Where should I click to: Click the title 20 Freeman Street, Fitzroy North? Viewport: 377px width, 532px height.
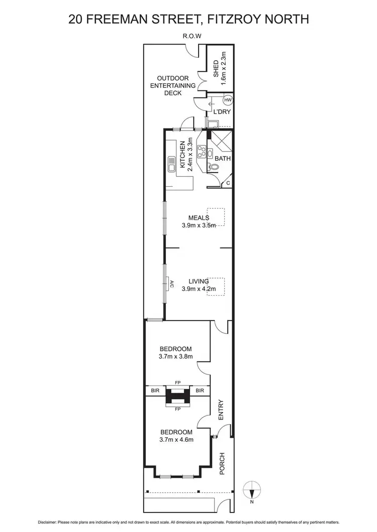189,19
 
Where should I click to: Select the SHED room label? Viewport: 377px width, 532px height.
217,68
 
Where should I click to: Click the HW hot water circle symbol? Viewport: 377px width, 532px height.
227,100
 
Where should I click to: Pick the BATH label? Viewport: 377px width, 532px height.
223,159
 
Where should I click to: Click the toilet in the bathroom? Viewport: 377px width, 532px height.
215,169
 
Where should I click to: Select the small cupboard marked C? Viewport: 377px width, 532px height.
228,183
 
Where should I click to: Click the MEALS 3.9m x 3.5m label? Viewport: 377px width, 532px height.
199,221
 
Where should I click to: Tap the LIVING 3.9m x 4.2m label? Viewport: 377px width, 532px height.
199,285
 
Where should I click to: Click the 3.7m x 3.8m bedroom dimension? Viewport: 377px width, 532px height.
176,357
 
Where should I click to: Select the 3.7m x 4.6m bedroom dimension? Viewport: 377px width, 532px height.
176,440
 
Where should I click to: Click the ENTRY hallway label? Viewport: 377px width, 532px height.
220,410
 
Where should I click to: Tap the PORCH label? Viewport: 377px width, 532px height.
222,464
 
